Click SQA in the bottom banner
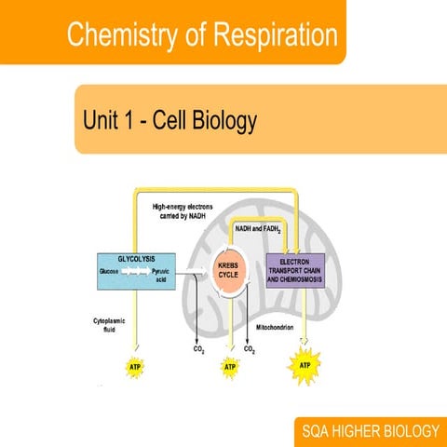pyautogui.click(x=318, y=431)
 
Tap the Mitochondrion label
pyautogui.click(x=277, y=329)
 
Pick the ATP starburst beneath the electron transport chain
pyautogui.click(x=305, y=364)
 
